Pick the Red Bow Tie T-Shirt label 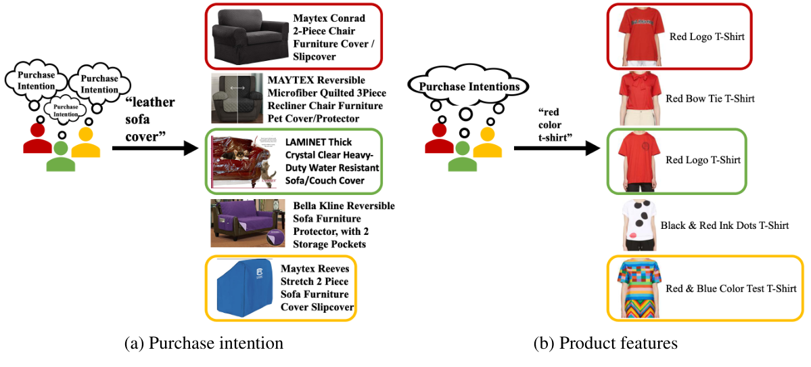click(710, 99)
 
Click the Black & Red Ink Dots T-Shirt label click(724, 225)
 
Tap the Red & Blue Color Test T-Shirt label click(731, 288)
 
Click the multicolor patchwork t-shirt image click(636, 288)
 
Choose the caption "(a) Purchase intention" click(204, 343)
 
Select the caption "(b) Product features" click(605, 343)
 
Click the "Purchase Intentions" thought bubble click(469, 87)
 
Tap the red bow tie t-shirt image click(636, 99)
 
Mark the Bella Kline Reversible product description click(344, 225)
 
